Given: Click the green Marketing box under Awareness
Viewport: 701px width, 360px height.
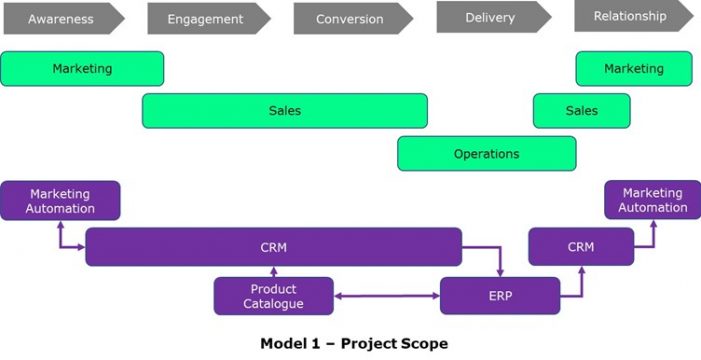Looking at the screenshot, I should click(x=82, y=69).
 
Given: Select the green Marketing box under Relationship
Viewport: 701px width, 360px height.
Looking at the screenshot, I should click(x=633, y=69).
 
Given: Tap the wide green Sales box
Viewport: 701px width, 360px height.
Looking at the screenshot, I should click(x=284, y=111).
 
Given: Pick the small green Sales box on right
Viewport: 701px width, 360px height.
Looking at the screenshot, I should click(x=581, y=111).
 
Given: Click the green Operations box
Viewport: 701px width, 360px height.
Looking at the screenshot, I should click(x=486, y=154).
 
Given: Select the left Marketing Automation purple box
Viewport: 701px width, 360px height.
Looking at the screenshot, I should click(x=61, y=200).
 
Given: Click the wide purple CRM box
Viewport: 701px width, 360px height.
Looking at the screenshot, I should click(x=273, y=247).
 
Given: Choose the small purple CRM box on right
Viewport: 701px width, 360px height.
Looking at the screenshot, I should click(x=580, y=247).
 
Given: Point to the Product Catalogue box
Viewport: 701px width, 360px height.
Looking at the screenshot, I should click(x=273, y=296).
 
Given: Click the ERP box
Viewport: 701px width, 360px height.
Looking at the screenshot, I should click(x=499, y=296).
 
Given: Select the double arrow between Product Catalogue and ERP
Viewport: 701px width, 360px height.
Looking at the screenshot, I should click(x=386, y=296).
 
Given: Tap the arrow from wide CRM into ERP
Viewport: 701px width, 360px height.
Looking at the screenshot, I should click(x=499, y=260).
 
